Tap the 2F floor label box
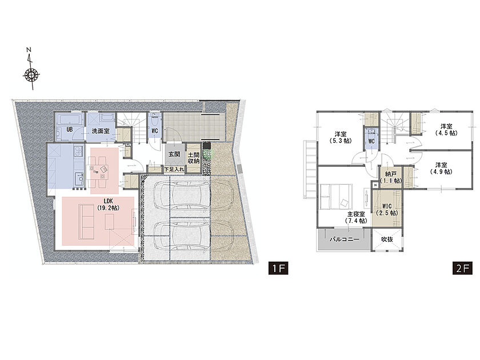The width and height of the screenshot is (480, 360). [x=462, y=268]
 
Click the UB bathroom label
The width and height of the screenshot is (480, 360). [x=70, y=130]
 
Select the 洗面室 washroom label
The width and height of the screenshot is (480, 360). [x=101, y=131]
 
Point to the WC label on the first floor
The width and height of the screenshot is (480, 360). [x=155, y=131]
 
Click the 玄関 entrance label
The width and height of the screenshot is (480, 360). [x=174, y=155]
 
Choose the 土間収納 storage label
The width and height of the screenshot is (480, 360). [x=194, y=158]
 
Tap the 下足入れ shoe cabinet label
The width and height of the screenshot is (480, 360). [x=174, y=169]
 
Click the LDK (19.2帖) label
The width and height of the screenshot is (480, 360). [x=109, y=204]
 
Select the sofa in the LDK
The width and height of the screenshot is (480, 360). [x=87, y=222]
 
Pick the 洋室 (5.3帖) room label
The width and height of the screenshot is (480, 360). [x=341, y=138]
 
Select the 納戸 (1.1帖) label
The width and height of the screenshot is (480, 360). [x=391, y=178]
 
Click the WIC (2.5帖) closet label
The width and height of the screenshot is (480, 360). [x=387, y=209]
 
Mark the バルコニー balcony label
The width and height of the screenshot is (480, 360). [x=345, y=239]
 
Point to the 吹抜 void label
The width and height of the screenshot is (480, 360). [x=387, y=239]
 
